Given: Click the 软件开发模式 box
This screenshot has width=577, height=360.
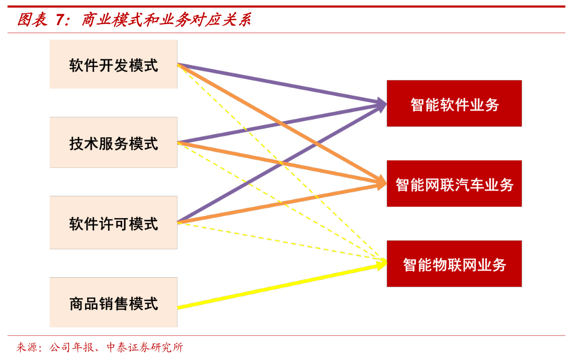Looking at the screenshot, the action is point(114,64).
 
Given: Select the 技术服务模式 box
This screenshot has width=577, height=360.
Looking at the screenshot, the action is point(114,142).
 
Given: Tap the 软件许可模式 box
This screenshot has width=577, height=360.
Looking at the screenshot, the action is point(114,222).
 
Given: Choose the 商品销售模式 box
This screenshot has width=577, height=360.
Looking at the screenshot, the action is point(114,302).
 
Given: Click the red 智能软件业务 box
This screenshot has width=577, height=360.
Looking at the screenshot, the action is point(454,104).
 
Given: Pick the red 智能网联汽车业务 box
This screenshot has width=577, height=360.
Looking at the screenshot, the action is point(454,184).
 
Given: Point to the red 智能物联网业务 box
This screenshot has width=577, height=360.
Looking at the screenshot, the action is point(454,263).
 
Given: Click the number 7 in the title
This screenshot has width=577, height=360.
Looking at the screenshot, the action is point(59,19).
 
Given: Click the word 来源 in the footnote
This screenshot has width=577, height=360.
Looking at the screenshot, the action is point(27,348).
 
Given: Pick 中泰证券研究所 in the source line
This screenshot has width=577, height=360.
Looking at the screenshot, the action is point(144,348).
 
